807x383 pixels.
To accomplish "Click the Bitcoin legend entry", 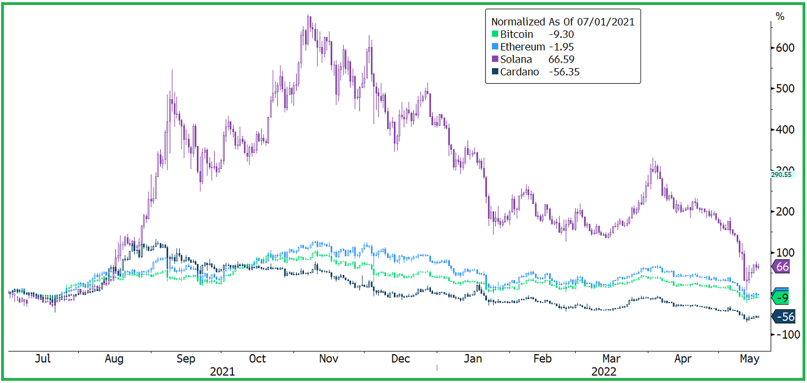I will (x=516, y=34).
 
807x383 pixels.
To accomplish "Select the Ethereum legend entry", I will (x=522, y=47).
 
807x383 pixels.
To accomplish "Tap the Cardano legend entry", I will (x=519, y=72).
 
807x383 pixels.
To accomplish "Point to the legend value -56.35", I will (x=564, y=72).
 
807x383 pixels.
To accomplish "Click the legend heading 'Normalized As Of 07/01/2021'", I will (x=563, y=22).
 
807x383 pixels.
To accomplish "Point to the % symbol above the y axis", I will (x=780, y=17).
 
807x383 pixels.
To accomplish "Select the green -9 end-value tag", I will (x=783, y=298).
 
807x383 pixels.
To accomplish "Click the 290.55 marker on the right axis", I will (x=782, y=175).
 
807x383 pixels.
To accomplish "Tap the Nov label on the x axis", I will (x=329, y=359).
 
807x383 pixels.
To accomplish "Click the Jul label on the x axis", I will (x=43, y=359).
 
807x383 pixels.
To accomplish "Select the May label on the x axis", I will (x=749, y=359).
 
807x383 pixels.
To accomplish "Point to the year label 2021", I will (x=222, y=371).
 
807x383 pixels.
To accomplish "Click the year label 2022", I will (x=603, y=371).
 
